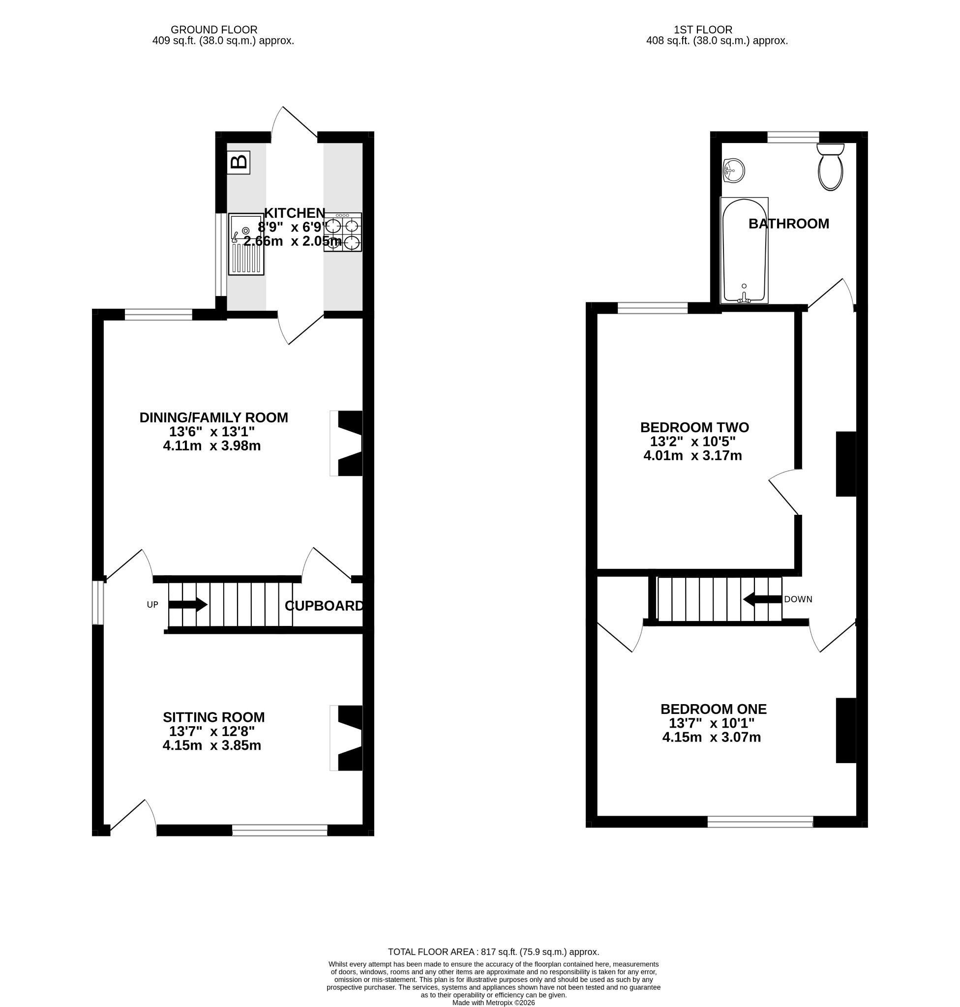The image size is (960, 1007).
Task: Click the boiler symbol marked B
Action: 239,162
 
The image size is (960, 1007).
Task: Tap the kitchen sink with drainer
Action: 246,244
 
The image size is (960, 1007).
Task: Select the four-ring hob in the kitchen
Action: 342,232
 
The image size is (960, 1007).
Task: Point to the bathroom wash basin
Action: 733,171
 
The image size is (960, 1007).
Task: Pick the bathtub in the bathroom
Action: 744,250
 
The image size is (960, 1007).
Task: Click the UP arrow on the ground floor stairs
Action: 188,605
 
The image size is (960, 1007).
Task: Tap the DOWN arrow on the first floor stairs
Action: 762,599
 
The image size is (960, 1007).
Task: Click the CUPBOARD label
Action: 325,606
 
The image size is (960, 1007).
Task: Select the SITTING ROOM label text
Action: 214,717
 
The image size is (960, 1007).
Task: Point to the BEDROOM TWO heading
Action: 694,427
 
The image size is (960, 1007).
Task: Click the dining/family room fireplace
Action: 346,443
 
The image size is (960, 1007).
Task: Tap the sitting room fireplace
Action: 346,738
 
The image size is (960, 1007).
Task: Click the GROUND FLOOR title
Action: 214,30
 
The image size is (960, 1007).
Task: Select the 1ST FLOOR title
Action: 703,30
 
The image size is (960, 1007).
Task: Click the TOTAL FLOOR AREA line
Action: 493,952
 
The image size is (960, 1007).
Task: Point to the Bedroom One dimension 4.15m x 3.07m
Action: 711,738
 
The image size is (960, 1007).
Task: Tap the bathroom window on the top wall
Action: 793,137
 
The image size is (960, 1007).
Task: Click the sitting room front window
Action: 280,830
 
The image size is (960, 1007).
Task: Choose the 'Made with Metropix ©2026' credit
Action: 493,1003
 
